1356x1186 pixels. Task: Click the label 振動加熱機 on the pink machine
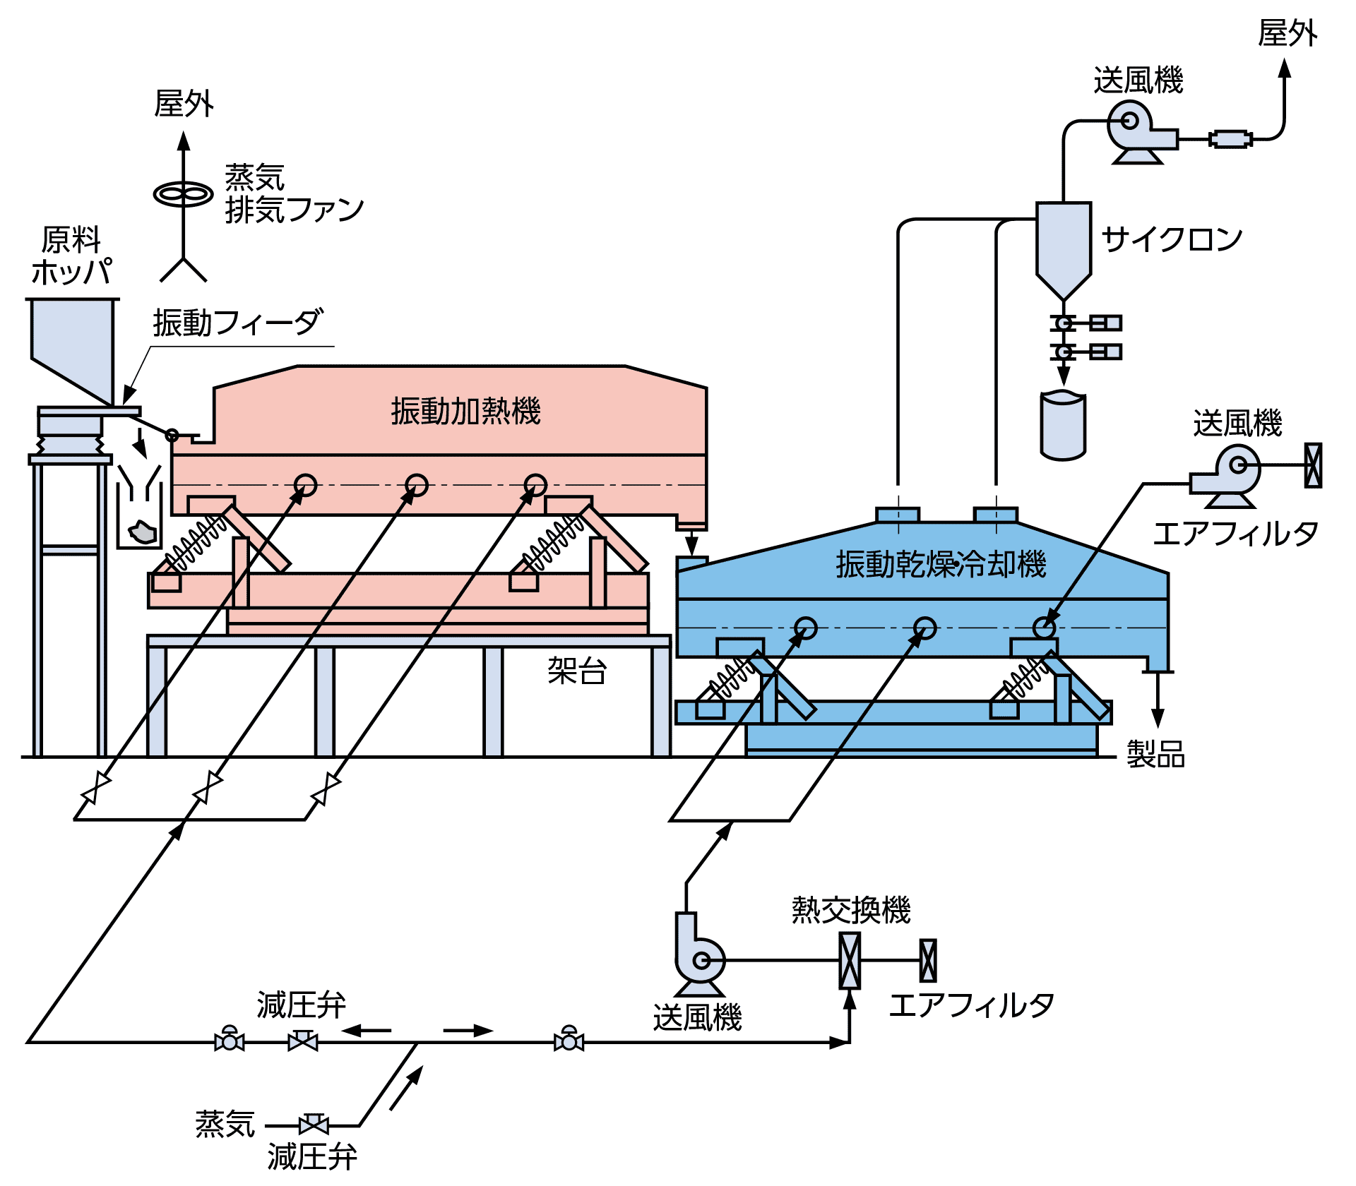[466, 411]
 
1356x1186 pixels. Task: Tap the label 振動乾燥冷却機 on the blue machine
[941, 564]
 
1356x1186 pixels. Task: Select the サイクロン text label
[1172, 239]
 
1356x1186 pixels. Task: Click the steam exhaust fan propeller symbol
[184, 194]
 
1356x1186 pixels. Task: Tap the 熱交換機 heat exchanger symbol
[850, 961]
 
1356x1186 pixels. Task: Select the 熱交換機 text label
[851, 910]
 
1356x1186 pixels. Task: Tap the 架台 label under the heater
[577, 670]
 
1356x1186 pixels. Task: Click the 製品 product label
[1155, 754]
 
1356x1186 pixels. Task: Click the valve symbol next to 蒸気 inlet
[314, 1125]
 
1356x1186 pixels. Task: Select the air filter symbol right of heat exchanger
[928, 961]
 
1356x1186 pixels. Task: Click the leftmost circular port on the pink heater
[306, 485]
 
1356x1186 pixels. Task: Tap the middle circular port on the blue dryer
[925, 628]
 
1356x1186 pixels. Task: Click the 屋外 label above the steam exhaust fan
[184, 104]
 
